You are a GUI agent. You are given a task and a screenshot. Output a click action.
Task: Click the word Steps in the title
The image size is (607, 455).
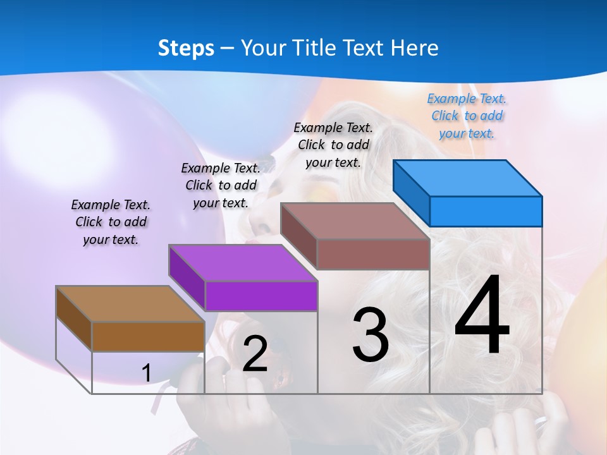pyautogui.click(x=186, y=48)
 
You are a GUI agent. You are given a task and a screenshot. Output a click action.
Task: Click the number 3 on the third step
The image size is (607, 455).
pyautogui.click(x=371, y=334)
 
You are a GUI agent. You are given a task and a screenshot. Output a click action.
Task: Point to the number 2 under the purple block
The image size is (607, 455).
pyautogui.click(x=255, y=354)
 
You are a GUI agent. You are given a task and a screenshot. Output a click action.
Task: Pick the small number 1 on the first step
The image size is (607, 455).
pyautogui.click(x=147, y=373)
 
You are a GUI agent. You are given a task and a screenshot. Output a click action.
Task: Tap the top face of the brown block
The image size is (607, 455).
pyautogui.click(x=130, y=304)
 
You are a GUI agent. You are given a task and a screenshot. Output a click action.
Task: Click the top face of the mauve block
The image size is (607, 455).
pyautogui.click(x=355, y=221)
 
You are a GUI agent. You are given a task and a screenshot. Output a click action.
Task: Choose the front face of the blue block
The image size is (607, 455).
pyautogui.click(x=486, y=211)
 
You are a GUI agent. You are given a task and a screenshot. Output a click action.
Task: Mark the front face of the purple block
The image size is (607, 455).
pyautogui.click(x=261, y=296)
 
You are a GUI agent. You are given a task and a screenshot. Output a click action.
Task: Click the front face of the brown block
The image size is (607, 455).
pyautogui.click(x=148, y=336)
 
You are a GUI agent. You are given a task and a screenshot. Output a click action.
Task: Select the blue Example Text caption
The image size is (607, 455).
pyautogui.click(x=467, y=116)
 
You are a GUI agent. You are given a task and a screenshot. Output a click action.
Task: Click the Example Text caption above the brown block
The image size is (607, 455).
pyautogui.click(x=111, y=222)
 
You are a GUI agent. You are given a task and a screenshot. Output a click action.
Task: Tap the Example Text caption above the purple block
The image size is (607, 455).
pyautogui.click(x=221, y=185)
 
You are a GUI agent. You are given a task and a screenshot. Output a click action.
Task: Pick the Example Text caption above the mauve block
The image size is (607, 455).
pyautogui.click(x=333, y=145)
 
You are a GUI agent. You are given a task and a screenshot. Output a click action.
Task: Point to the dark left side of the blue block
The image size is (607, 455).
pyautogui.click(x=412, y=193)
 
